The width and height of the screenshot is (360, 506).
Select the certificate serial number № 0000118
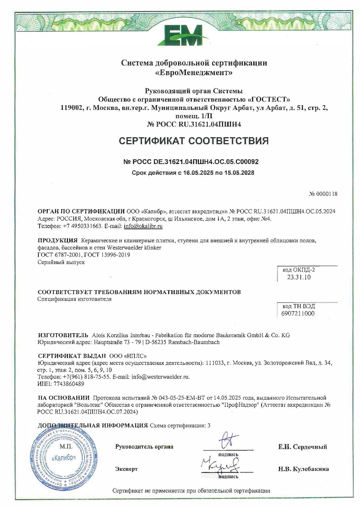point(323,194)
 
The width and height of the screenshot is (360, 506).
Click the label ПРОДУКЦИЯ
point(57,240)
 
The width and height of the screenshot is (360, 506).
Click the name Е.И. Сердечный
point(303,447)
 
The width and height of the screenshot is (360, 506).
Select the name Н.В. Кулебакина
point(303,469)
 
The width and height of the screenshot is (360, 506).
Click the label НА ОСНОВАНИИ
point(64,397)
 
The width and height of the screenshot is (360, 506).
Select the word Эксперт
point(127,469)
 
